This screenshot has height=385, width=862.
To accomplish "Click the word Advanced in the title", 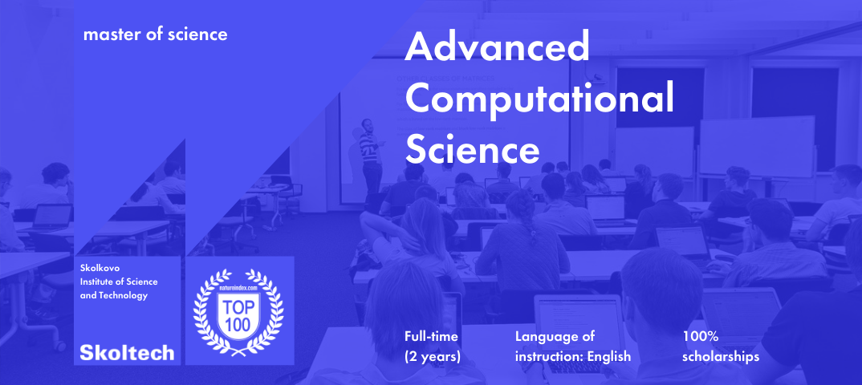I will point(497,49).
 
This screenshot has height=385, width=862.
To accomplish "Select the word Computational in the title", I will point(539,100).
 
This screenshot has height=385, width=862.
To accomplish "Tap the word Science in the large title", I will point(472,149).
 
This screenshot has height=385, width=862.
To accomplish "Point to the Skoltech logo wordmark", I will point(127,352).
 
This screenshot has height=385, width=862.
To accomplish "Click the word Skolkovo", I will point(101,268).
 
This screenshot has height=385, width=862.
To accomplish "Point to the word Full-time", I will point(432,336).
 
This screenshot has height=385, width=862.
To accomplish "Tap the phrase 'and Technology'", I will point(114,296).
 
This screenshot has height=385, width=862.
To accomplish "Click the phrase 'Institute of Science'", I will point(119,282).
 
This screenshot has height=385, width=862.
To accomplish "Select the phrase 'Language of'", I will point(555,336).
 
